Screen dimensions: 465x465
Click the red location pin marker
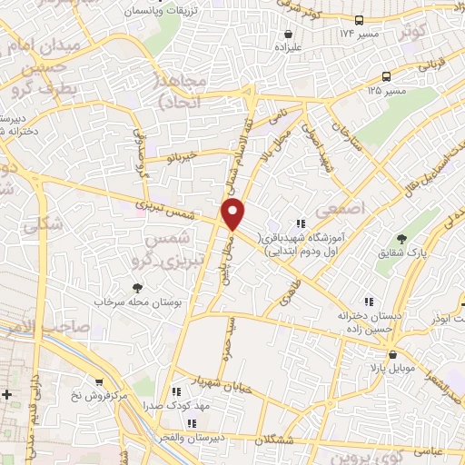[x=233, y=216]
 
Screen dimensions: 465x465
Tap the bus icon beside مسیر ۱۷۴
[x=361, y=20]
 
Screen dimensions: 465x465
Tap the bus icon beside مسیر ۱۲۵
[x=387, y=77]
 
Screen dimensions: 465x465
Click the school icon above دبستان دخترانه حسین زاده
[x=368, y=301]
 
